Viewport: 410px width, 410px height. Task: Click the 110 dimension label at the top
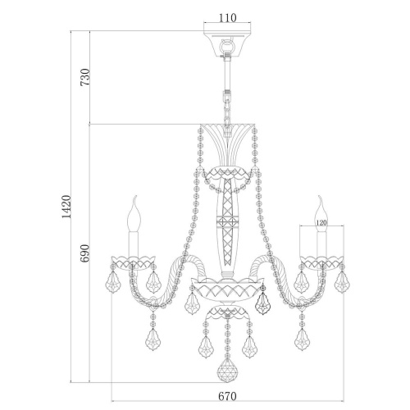(227, 18)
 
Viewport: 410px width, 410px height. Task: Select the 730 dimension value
(85, 77)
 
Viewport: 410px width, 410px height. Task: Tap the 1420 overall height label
(66, 207)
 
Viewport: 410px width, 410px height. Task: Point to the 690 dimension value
(85, 253)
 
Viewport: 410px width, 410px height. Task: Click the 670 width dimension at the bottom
(227, 396)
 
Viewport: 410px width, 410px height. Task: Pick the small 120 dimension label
(321, 223)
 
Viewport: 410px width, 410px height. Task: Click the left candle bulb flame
(134, 214)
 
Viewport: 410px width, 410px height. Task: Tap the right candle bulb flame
(321, 214)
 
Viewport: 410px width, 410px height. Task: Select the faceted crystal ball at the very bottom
(227, 370)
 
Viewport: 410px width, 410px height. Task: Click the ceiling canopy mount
(227, 43)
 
